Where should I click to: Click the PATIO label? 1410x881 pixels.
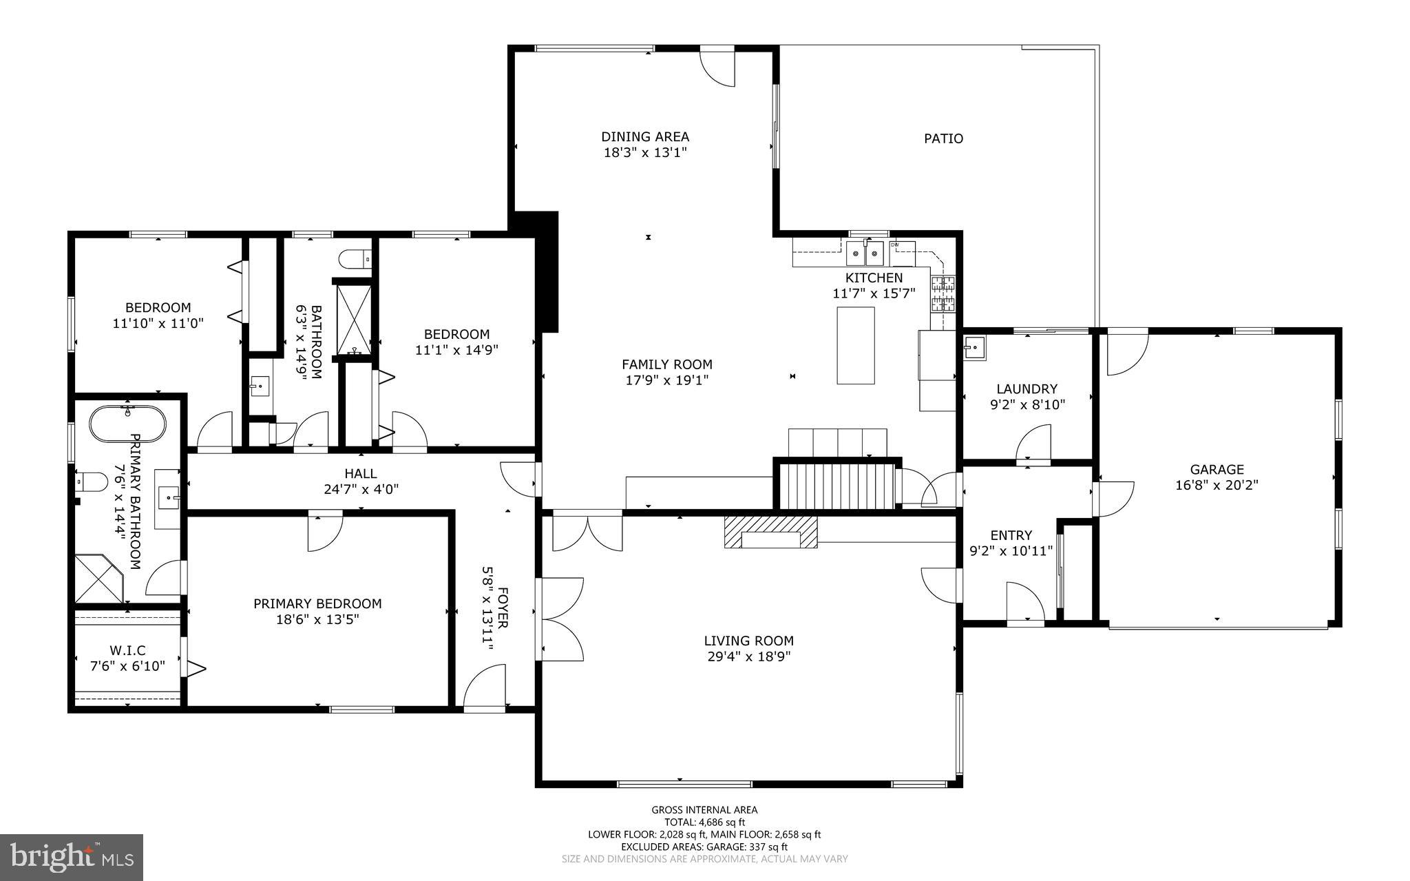(x=943, y=138)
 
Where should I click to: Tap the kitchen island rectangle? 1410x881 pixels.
(x=856, y=345)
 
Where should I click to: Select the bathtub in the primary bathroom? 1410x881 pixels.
(x=128, y=424)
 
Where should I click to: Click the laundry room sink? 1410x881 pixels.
(x=974, y=348)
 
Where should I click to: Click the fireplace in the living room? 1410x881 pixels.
(x=770, y=532)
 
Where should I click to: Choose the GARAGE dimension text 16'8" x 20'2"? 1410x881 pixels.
(x=1217, y=485)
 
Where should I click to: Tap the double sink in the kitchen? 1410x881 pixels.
(x=865, y=254)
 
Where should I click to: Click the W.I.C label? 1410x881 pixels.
(x=127, y=650)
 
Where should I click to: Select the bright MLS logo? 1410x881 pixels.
(x=72, y=857)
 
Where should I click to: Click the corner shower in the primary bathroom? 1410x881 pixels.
(x=98, y=579)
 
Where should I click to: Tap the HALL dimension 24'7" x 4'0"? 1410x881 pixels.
(x=361, y=490)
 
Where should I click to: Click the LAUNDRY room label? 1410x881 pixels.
(x=1027, y=389)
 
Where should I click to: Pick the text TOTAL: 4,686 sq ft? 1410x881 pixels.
(x=704, y=822)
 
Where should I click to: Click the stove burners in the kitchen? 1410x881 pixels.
(x=943, y=293)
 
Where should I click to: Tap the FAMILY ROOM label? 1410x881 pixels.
(x=666, y=364)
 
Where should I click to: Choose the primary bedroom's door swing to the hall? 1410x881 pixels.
(x=324, y=532)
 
